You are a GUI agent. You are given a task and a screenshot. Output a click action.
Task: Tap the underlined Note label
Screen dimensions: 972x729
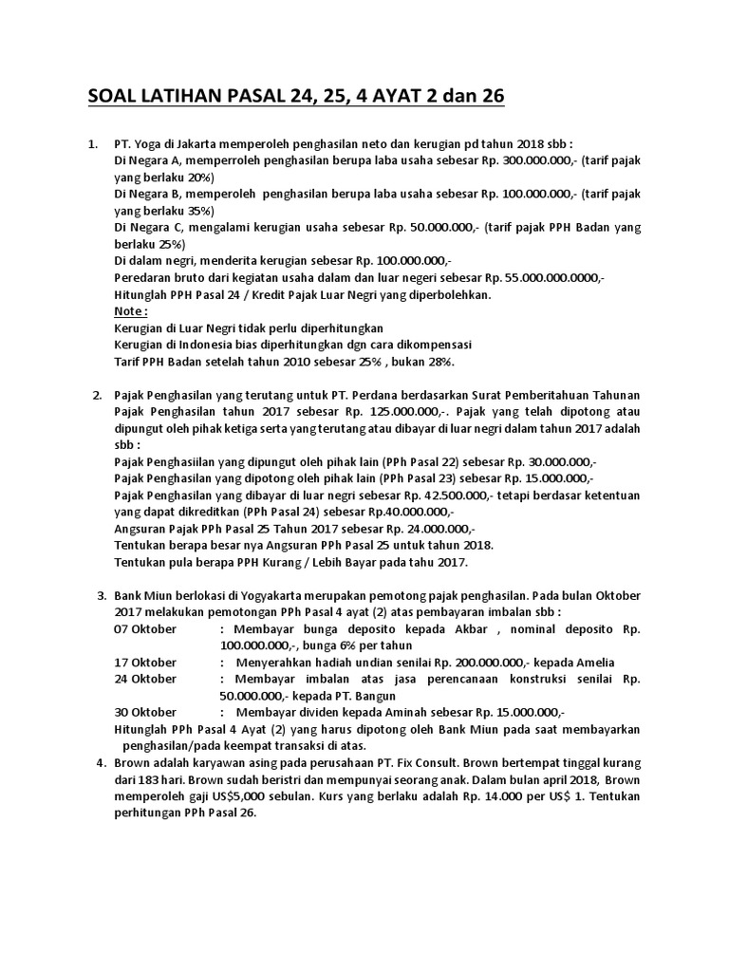[130, 310]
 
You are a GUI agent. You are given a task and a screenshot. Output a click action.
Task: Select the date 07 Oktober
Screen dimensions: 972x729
[145, 628]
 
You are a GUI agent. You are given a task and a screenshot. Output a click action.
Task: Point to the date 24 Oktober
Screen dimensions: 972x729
[145, 679]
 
